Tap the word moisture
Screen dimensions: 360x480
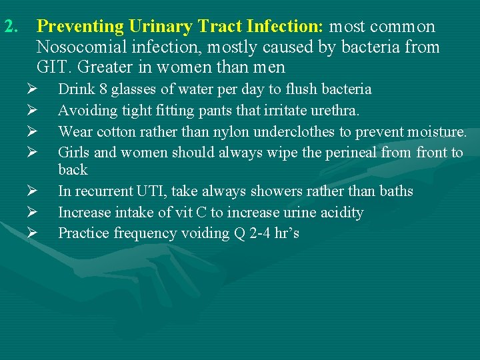(437, 131)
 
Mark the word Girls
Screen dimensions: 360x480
(74, 152)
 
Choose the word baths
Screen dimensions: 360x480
(396, 192)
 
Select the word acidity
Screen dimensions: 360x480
(340, 213)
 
